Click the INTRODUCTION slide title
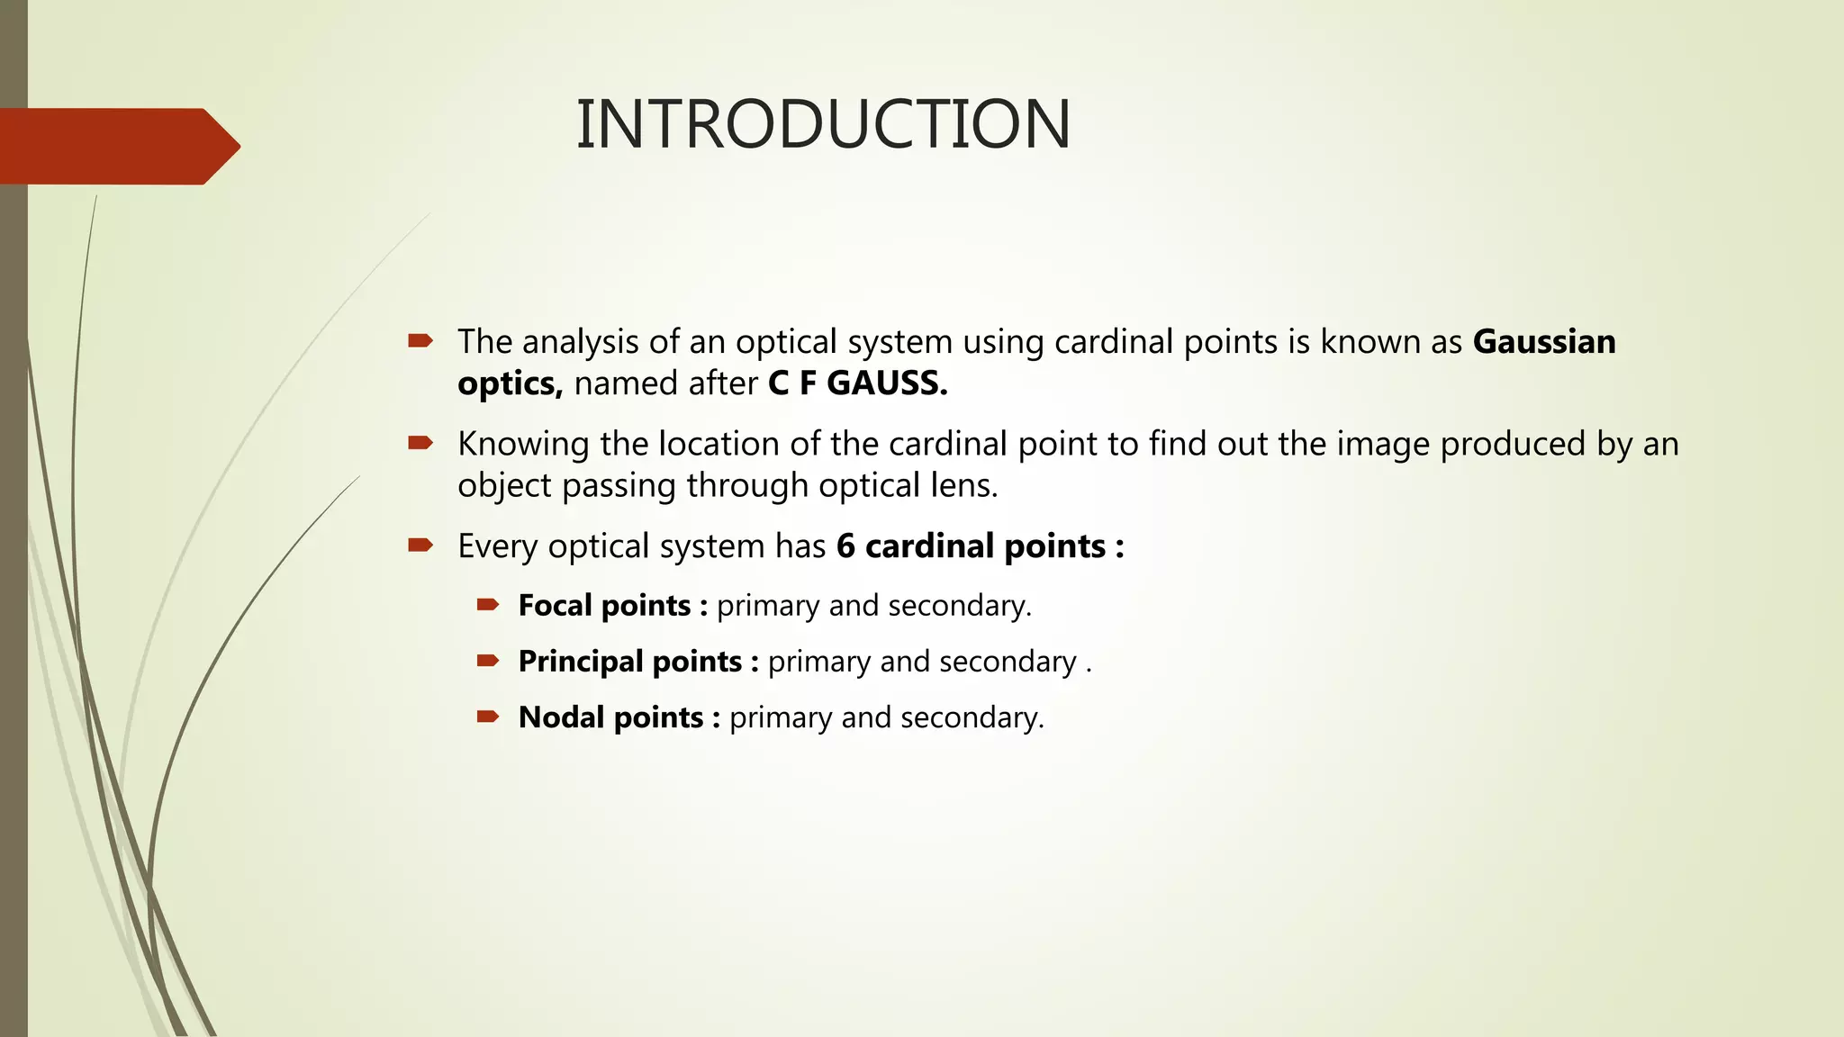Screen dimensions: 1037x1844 point(823,124)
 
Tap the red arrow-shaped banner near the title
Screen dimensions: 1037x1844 point(117,147)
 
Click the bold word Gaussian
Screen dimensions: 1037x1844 point(1544,342)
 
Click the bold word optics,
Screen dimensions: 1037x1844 point(510,384)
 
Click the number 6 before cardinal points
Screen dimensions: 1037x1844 point(845,546)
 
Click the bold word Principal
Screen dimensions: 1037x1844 point(581,662)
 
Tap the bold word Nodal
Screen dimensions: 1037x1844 point(561,717)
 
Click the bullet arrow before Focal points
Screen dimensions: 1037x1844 point(488,605)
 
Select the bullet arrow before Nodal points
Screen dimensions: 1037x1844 point(488,717)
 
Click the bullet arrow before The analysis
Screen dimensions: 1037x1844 point(420,341)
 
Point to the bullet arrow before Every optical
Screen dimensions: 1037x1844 point(420,546)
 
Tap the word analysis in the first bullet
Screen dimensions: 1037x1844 point(580,342)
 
